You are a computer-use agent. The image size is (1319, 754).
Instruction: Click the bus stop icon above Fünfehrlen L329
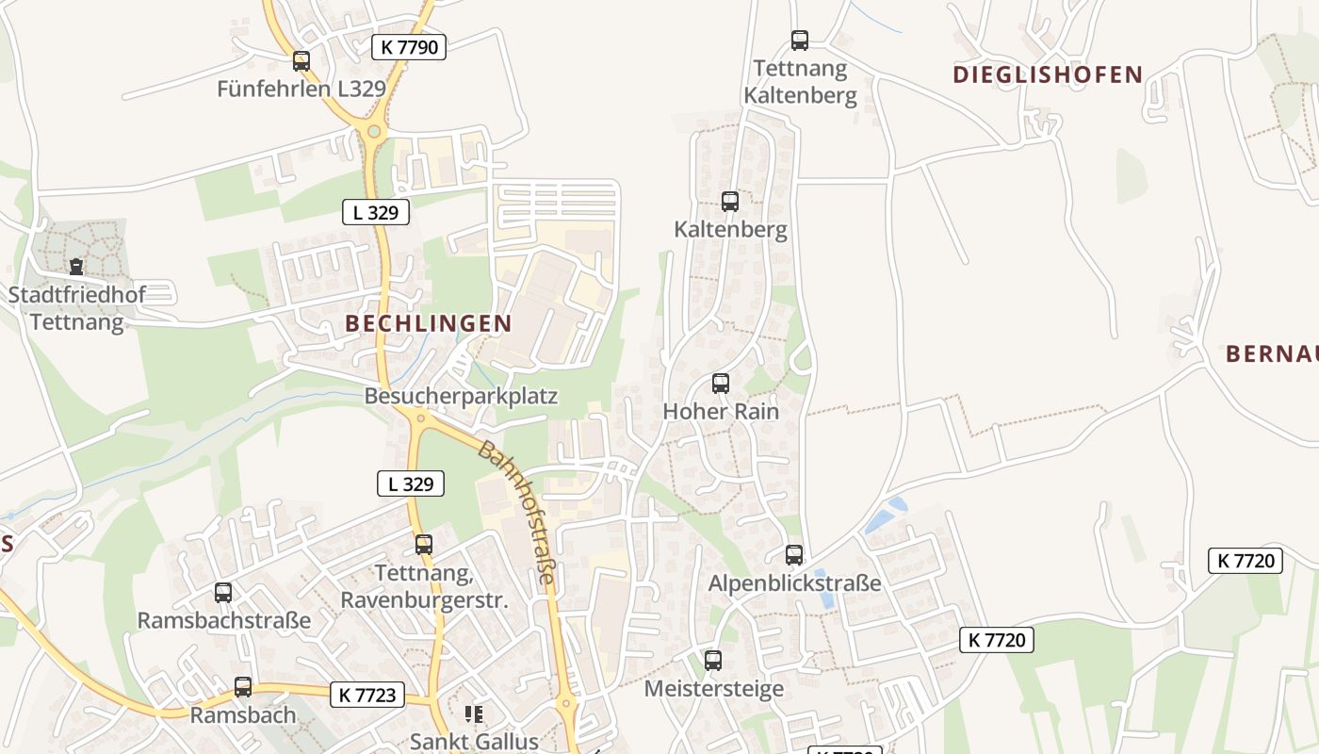click(x=301, y=61)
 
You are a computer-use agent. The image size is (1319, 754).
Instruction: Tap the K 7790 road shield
click(x=408, y=46)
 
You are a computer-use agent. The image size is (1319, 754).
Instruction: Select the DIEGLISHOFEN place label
click(x=1048, y=74)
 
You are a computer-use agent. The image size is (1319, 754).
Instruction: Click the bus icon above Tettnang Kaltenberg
click(x=800, y=41)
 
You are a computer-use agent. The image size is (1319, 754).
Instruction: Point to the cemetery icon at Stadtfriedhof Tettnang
click(x=76, y=267)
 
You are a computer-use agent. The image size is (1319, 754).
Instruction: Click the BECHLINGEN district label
click(x=429, y=323)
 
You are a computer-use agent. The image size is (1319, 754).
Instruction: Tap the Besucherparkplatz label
click(x=461, y=396)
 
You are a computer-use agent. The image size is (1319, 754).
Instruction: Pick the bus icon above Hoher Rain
click(x=721, y=384)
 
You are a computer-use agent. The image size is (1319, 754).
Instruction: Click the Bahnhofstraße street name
click(x=517, y=512)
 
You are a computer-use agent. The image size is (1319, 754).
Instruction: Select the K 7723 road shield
click(x=367, y=696)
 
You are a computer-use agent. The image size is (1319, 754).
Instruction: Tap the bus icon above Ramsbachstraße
click(x=223, y=593)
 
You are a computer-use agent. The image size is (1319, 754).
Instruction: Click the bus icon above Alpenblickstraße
click(x=794, y=555)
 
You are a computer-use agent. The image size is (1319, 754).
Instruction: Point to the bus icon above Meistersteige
click(x=713, y=661)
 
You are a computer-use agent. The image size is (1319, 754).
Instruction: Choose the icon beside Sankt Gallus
click(x=473, y=714)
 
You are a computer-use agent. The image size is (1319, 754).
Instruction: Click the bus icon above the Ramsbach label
click(x=243, y=687)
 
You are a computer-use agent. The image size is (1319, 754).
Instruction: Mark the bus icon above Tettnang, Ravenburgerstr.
click(x=424, y=544)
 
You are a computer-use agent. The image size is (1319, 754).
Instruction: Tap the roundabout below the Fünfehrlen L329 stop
click(x=374, y=132)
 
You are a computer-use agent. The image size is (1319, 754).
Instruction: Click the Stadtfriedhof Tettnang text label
click(x=77, y=308)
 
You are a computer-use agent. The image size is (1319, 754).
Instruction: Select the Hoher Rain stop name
click(x=721, y=412)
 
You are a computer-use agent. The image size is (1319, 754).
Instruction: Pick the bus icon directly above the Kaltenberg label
click(x=730, y=201)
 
